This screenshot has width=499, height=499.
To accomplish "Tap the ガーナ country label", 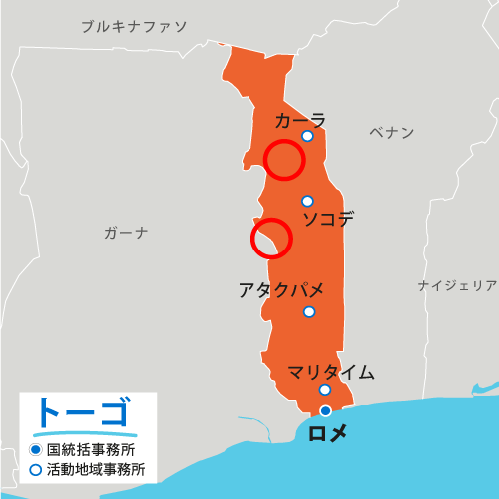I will pos(126,233).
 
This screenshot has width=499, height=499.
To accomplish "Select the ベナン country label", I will pos(391,132).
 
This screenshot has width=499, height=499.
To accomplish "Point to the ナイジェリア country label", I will pos(457,286).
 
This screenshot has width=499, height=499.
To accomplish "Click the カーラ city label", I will pos(300,120).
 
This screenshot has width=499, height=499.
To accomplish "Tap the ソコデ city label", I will pos(328,219).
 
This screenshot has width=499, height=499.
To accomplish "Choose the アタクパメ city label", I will pos(281,290).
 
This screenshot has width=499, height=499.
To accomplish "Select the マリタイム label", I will pos(331,373).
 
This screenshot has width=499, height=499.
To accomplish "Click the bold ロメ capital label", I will pos(328,432).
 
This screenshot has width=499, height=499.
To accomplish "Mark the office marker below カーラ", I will pos(307,136).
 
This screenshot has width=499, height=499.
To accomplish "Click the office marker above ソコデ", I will pos(307,201).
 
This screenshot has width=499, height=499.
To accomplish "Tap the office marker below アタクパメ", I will pos(309,311).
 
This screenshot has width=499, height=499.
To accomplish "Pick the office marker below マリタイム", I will pos(325,390).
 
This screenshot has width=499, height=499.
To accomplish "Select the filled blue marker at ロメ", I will pos(325,410).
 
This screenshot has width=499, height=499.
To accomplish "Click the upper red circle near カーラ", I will pos(284,160).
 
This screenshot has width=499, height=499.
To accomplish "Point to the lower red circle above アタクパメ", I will pos(270,239).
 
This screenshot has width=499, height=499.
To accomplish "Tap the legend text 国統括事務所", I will pos(92,449).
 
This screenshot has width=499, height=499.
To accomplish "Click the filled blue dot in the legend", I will pos(35,449).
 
